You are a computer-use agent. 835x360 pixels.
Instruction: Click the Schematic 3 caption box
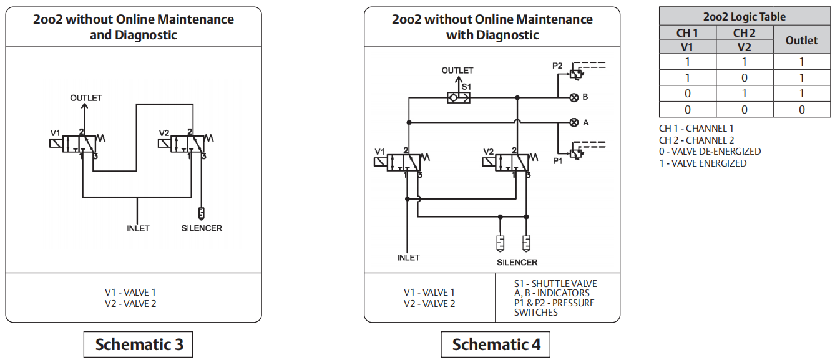pyautogui.click(x=139, y=344)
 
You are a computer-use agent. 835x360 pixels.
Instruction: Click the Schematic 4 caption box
pyautogui.click(x=496, y=344)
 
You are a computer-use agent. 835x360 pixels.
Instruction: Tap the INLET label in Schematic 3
pyautogui.click(x=138, y=228)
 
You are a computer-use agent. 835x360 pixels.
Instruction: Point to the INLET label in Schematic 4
pyautogui.click(x=408, y=257)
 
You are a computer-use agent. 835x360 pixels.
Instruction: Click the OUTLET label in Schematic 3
pyautogui.click(x=86, y=98)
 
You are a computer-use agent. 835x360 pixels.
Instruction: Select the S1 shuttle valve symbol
pyautogui.click(x=459, y=98)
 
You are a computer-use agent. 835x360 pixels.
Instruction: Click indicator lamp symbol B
pyautogui.click(x=574, y=97)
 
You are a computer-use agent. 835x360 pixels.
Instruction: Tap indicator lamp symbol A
pyautogui.click(x=574, y=122)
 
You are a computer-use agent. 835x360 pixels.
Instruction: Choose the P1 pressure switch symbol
pyautogui.click(x=577, y=152)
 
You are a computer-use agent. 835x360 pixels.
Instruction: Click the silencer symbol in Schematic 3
pyautogui.click(x=201, y=213)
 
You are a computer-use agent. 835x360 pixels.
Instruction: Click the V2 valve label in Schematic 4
pyautogui.click(x=489, y=152)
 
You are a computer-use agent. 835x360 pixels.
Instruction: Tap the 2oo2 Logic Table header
pyautogui.click(x=745, y=17)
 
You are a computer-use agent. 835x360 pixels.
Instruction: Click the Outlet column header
pyautogui.click(x=801, y=41)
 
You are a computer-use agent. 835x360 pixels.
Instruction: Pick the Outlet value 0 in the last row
pyautogui.click(x=801, y=110)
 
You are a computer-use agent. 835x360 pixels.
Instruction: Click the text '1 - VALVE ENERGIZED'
pyautogui.click(x=703, y=163)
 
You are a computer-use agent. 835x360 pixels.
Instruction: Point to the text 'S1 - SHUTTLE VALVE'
pyautogui.click(x=555, y=284)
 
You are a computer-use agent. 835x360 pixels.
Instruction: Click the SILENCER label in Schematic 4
pyautogui.click(x=517, y=262)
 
